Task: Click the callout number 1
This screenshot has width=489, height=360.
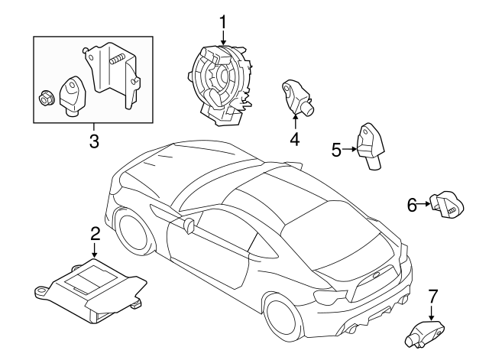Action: pos(222,23)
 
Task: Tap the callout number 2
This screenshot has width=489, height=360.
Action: pos(95,233)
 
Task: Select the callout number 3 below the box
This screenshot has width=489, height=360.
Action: pos(94,141)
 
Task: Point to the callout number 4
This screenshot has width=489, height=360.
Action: pos(294,139)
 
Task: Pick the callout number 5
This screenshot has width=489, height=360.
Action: pos(336,150)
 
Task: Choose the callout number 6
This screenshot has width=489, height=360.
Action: pos(412,206)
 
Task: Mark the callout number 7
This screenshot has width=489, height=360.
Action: pos(432,296)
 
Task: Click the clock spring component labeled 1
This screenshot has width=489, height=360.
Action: pos(221,85)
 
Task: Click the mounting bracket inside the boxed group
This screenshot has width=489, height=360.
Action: pos(112,75)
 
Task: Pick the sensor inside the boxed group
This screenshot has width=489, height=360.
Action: pos(73,96)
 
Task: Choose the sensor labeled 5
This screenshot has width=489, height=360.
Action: pos(371,146)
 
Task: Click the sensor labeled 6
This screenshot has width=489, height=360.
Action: pos(448,206)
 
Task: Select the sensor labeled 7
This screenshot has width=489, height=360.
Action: pos(425,334)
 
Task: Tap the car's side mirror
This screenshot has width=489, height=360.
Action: pos(189,225)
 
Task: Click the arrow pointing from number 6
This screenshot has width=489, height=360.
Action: pos(424,204)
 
